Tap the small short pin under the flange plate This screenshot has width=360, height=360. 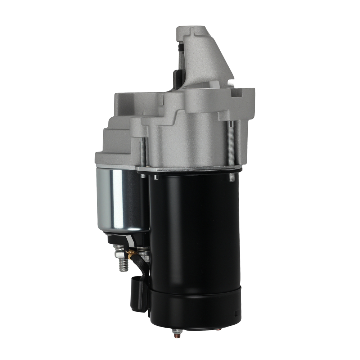155,177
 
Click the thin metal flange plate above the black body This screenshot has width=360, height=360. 187,169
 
